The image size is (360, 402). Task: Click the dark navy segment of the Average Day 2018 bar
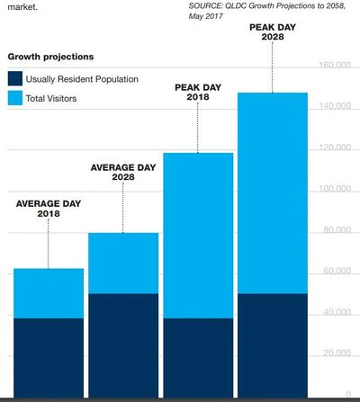click(48, 357)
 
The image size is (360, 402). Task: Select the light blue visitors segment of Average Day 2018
click(48, 293)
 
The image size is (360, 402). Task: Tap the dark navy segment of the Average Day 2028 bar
click(122, 344)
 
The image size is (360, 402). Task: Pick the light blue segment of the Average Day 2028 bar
click(122, 264)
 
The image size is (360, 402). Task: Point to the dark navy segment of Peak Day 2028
click(272, 344)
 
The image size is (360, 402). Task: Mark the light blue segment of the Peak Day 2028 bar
click(272, 193)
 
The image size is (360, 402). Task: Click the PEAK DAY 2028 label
click(272, 31)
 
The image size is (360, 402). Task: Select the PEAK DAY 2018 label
click(197, 92)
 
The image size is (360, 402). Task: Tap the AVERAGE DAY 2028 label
click(122, 173)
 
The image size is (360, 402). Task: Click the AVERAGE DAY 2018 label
click(48, 209)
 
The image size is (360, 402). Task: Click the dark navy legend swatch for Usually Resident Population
click(15, 79)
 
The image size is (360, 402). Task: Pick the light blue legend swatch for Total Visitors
click(15, 98)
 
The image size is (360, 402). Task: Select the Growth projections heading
click(50, 57)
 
